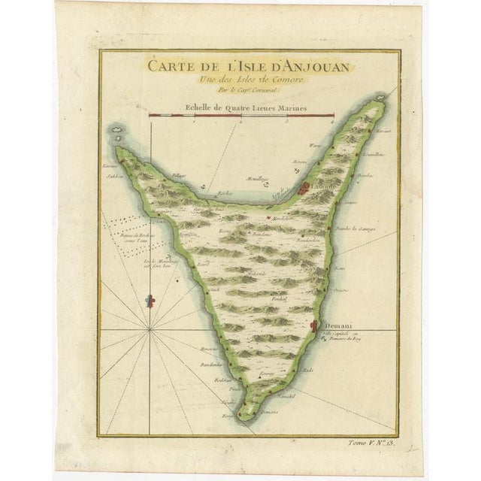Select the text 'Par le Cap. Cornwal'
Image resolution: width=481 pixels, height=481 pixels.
pos(239,89)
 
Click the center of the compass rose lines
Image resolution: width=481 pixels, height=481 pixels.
pos(150,329)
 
